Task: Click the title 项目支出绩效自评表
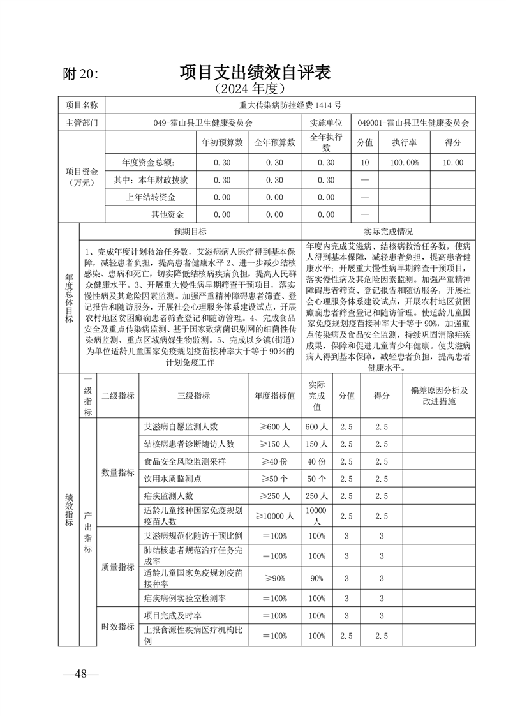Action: click(255, 72)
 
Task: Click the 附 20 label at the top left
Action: click(82, 74)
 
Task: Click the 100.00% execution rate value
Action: click(404, 163)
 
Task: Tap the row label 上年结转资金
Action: click(155, 197)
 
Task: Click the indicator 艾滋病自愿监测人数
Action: click(181, 426)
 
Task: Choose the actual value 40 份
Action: click(316, 461)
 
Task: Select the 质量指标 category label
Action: click(118, 567)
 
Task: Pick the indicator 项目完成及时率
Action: click(172, 616)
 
